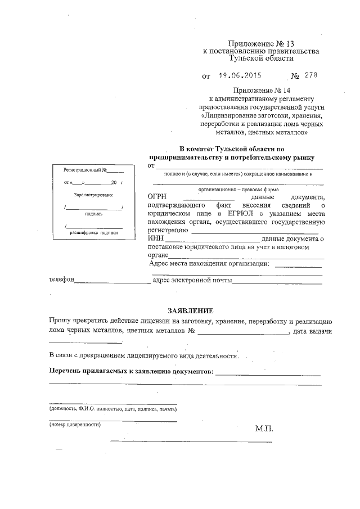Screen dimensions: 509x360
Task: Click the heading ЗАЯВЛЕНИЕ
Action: pos(191,310)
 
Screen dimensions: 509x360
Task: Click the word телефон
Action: pos(61,280)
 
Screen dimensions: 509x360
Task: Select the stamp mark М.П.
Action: pos(264,429)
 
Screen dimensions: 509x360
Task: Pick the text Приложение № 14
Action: pos(261,91)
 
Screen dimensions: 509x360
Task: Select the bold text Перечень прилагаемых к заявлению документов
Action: pos(131,372)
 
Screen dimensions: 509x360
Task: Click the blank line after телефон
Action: pos(112,281)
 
